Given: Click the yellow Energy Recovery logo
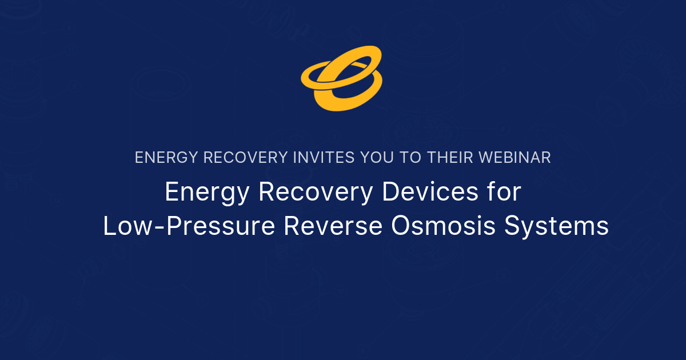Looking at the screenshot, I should click(x=342, y=78).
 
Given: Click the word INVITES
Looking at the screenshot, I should click(x=322, y=158).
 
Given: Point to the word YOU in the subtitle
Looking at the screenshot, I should click(x=378, y=158).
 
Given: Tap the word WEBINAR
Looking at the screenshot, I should click(x=517, y=158).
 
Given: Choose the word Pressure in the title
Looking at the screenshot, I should click(x=217, y=226).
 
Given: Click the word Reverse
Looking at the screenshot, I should click(x=332, y=226).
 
